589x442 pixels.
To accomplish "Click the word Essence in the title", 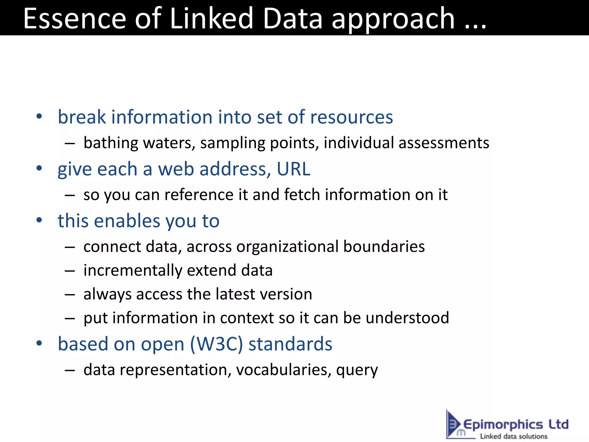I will tap(74, 18).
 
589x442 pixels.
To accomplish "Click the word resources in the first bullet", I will tap(351, 117).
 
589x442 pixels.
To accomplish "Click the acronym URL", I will tap(293, 169).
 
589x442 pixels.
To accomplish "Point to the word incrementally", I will tap(133, 270).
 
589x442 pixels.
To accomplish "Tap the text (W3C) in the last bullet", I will tap(217, 344).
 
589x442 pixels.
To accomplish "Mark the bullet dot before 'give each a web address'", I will tap(39, 168).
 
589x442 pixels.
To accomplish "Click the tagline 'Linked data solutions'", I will tap(514, 436).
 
